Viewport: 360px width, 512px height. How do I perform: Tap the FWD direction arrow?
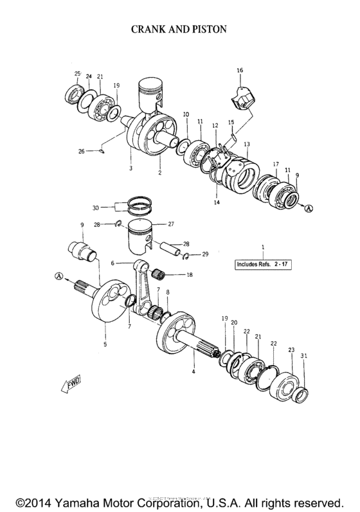pos(69,384)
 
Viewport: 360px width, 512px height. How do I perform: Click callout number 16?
pos(240,69)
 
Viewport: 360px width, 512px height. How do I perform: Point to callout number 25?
pos(77,74)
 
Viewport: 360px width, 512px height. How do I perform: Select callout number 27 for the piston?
pos(172,224)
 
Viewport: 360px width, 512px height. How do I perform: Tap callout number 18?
pos(189,275)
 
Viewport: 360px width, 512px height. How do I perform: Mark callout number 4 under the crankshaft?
pos(195,372)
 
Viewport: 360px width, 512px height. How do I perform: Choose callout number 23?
pos(291,350)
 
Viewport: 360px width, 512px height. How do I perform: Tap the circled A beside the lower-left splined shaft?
pos(60,276)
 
